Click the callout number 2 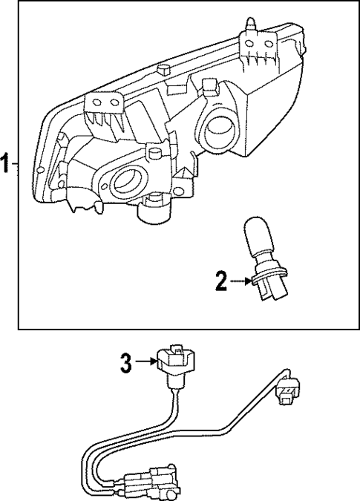(x=220, y=281)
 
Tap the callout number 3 (x=126, y=363)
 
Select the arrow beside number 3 (x=145, y=363)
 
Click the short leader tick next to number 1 (x=16, y=163)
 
